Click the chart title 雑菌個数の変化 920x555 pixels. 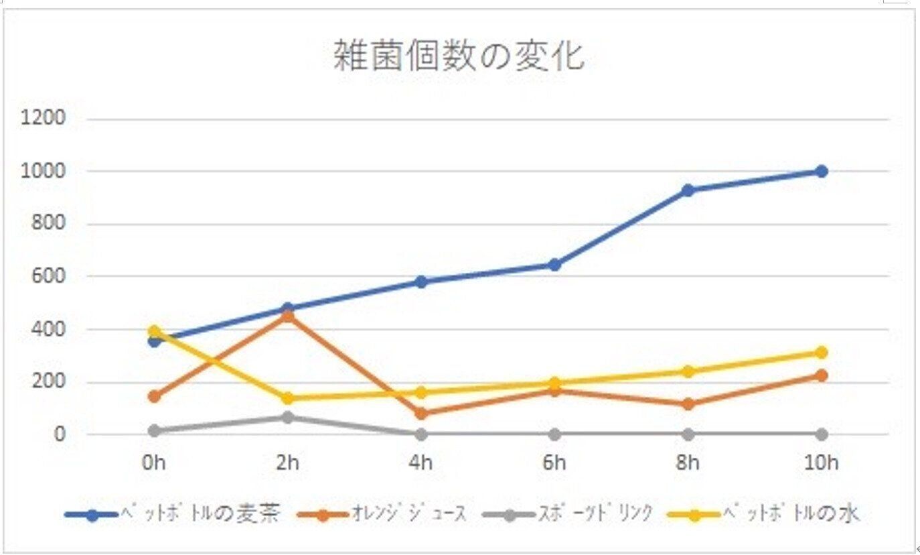pos(459,56)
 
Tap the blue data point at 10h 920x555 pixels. pos(822,172)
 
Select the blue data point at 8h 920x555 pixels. pos(688,190)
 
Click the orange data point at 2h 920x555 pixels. pos(288,316)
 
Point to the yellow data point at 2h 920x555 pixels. pos(288,398)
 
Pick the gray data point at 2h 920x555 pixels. pos(288,418)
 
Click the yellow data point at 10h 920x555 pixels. pos(822,353)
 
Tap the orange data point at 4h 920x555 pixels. pos(421,414)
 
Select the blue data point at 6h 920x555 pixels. pos(554,265)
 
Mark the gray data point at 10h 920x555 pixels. pos(822,434)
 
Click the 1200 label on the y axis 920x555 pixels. pos(43,119)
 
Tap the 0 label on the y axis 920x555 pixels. pos(60,434)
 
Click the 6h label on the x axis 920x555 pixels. pos(554,463)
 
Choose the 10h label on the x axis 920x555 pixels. pos(822,463)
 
